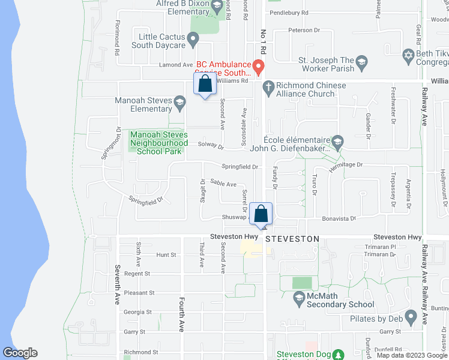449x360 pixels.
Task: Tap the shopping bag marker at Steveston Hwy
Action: tap(261, 214)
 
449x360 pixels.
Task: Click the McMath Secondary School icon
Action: tap(298, 297)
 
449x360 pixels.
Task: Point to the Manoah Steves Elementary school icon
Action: tap(179, 104)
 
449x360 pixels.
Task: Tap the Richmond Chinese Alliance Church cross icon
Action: tap(268, 89)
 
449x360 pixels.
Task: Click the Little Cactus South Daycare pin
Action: tap(193, 40)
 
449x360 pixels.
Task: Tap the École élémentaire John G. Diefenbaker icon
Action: tap(337, 143)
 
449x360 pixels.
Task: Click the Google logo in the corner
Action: tap(20, 353)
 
